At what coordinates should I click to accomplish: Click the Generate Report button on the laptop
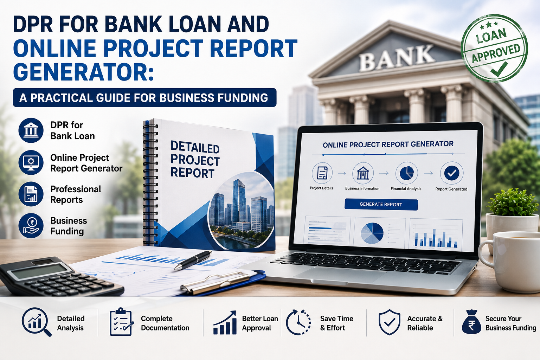[381, 205]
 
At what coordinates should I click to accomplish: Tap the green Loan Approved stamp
[494, 48]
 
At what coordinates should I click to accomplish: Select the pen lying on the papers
[193, 260]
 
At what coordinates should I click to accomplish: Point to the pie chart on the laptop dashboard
[372, 233]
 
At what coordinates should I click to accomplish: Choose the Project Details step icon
[322, 173]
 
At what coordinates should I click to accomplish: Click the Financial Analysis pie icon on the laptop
[406, 173]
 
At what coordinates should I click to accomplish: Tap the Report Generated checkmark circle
[451, 173]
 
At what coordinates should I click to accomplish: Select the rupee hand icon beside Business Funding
[31, 226]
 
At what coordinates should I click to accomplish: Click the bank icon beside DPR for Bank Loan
[31, 130]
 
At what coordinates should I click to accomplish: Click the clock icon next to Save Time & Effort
[298, 322]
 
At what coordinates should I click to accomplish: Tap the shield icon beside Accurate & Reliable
[389, 322]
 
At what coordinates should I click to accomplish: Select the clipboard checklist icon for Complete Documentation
[121, 322]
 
